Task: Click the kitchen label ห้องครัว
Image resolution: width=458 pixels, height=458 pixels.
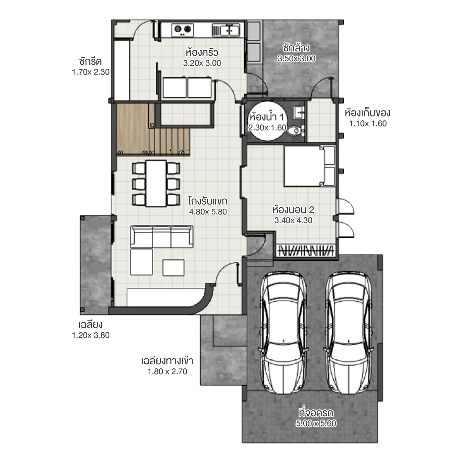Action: tap(202, 52)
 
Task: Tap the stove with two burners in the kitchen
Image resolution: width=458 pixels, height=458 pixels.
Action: tap(183, 30)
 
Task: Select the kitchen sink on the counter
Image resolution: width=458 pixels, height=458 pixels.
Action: tap(230, 31)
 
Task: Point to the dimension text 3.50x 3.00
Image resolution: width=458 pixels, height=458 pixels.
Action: tap(296, 59)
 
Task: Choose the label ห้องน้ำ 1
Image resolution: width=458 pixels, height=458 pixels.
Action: tap(267, 117)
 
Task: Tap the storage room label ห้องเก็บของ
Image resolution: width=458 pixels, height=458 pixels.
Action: tap(367, 113)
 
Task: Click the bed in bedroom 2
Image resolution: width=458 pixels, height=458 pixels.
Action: tap(309, 166)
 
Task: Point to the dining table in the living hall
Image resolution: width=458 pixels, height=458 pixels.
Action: tap(156, 183)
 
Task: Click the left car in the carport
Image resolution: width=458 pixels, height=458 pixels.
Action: tap(284, 332)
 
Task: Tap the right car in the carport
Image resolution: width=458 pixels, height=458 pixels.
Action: tap(349, 332)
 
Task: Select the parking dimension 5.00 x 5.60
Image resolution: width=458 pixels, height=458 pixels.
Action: tap(316, 424)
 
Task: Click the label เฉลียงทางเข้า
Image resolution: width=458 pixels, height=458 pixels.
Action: tap(167, 361)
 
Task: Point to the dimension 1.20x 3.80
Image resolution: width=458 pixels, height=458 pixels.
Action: tap(91, 335)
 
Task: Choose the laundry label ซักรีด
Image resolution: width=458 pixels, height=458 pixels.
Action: tap(90, 62)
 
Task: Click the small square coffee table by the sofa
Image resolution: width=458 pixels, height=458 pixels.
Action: tap(173, 267)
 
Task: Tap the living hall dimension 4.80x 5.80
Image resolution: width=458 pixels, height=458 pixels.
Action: tap(208, 212)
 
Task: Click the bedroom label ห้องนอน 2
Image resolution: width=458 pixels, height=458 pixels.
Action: tap(293, 210)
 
